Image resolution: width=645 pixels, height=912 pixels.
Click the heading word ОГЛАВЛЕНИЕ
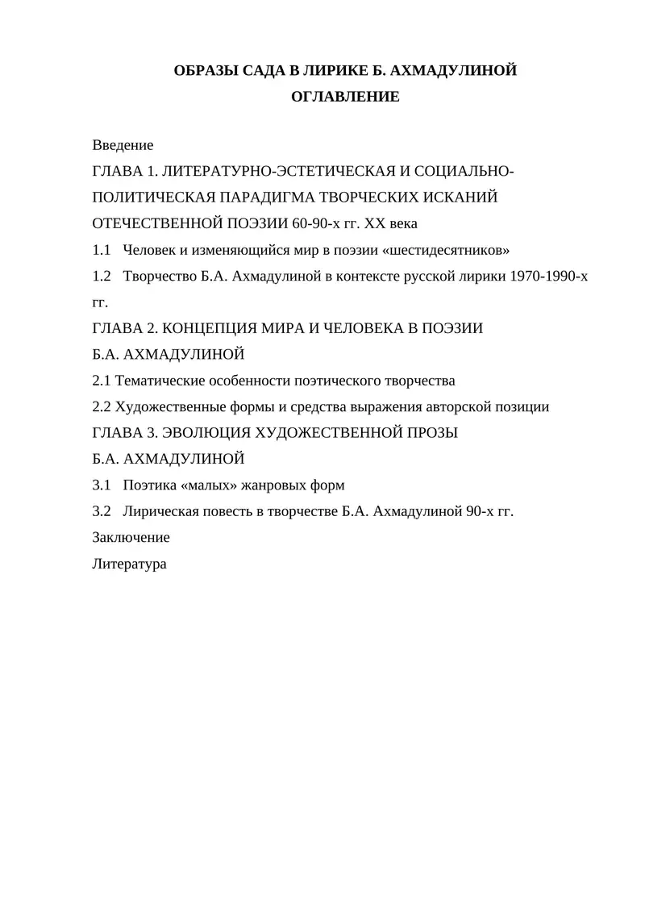pyautogui.click(x=345, y=98)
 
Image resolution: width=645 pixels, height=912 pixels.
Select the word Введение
pyautogui.click(x=123, y=145)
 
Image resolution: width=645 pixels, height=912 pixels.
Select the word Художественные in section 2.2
pyautogui.click(x=168, y=406)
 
